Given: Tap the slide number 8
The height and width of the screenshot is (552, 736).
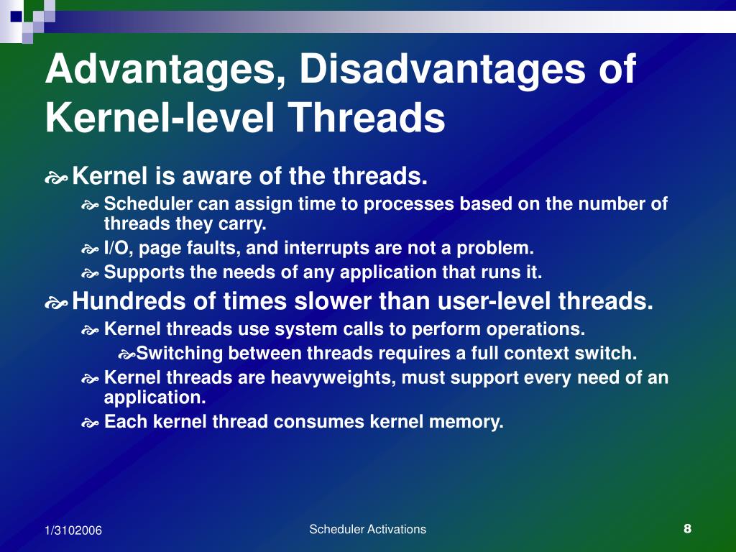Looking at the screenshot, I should [x=687, y=529].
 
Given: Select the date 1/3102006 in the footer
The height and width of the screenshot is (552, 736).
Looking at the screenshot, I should [x=73, y=530].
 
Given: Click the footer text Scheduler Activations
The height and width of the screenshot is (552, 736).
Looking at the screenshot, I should [x=367, y=530].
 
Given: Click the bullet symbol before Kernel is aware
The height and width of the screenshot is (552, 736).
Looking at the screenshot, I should [x=56, y=176].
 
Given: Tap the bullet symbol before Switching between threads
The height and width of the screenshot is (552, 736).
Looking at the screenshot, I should [x=126, y=354].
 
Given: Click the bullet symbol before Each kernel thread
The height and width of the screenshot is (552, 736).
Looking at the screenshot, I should [x=89, y=423].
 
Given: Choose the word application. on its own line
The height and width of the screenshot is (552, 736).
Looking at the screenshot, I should [x=155, y=397].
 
